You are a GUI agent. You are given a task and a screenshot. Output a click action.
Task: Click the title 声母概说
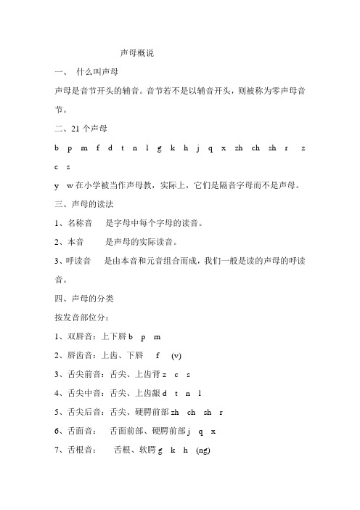[136, 53]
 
